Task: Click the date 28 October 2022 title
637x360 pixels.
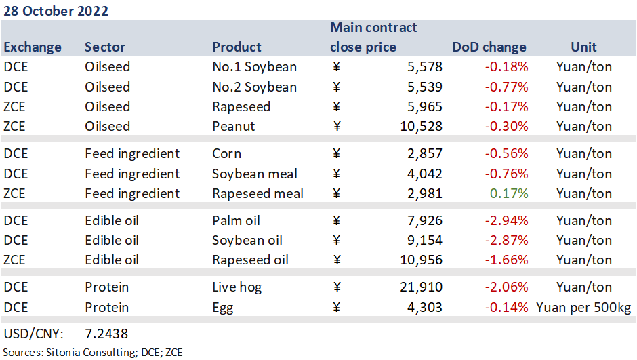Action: [x=56, y=12]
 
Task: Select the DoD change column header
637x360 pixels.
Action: [x=489, y=47]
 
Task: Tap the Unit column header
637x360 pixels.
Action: [x=583, y=47]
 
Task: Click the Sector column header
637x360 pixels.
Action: [x=105, y=47]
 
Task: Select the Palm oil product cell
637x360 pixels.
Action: [x=236, y=220]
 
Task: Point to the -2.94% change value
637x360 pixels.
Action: [x=507, y=220]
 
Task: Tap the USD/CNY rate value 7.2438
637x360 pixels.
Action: [x=106, y=334]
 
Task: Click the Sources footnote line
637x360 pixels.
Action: [x=94, y=352]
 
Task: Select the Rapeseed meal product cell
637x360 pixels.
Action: [x=258, y=193]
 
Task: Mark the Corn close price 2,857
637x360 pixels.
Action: [x=424, y=154]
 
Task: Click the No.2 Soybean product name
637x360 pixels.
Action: [x=254, y=87]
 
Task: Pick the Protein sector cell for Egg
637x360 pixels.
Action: [x=106, y=307]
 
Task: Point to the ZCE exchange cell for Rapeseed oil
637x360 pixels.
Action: [x=16, y=260]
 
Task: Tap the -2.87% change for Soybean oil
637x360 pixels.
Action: [x=507, y=240]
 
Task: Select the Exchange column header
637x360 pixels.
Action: [x=33, y=47]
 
